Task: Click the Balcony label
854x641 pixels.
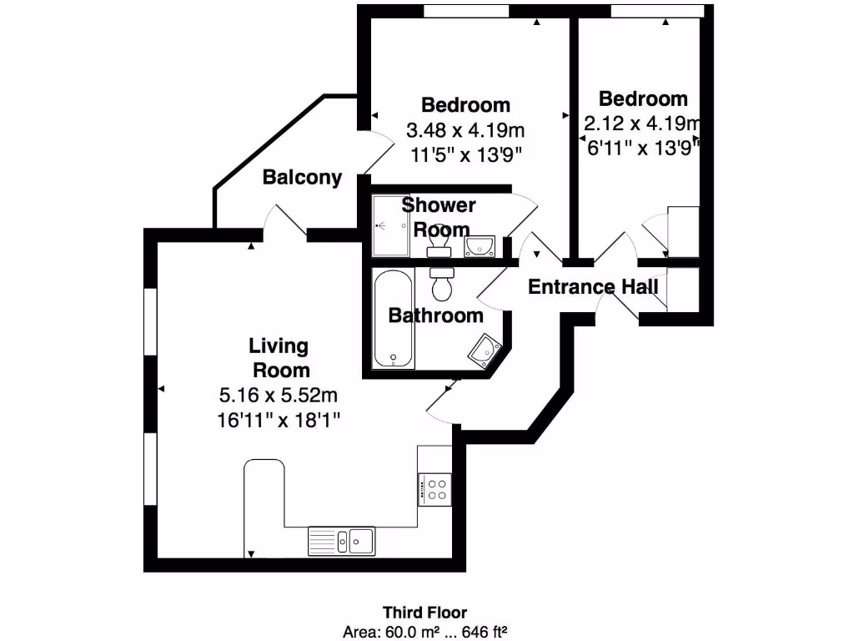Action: click(302, 178)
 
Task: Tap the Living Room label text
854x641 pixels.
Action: click(279, 358)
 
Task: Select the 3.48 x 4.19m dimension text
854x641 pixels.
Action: click(465, 130)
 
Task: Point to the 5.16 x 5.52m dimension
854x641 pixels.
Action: click(279, 394)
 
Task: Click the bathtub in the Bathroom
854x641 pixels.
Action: click(393, 318)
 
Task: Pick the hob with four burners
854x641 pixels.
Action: click(435, 489)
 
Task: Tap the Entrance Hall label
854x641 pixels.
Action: click(594, 287)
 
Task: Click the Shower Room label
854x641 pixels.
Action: click(440, 216)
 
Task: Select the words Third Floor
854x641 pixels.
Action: click(430, 613)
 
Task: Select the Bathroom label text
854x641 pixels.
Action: click(436, 315)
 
